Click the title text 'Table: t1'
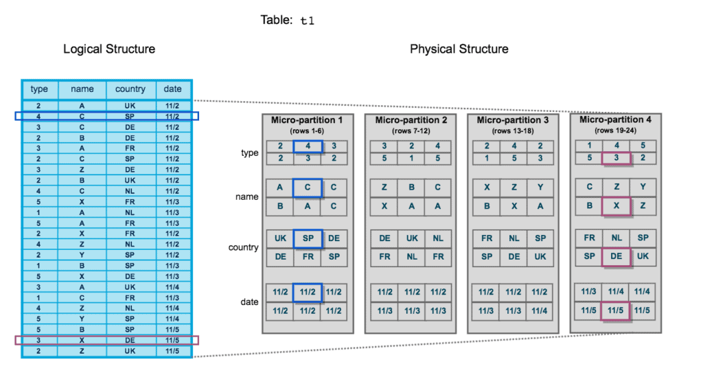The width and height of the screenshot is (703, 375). [288, 20]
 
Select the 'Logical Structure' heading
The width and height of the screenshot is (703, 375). [109, 49]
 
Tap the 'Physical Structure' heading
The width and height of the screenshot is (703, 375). [459, 49]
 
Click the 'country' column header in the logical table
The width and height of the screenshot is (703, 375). [130, 89]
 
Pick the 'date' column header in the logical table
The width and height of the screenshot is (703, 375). [173, 89]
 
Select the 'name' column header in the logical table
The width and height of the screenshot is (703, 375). [82, 89]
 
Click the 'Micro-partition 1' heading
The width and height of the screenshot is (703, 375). [307, 120]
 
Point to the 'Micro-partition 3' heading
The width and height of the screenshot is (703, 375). [513, 120]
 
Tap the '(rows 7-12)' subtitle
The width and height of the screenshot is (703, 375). [410, 130]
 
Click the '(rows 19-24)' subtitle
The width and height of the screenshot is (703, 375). [615, 130]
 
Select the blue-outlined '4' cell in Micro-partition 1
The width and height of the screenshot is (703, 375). [307, 146]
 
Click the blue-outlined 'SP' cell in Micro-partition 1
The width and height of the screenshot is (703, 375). [307, 238]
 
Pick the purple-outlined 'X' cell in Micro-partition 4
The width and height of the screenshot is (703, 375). [615, 205]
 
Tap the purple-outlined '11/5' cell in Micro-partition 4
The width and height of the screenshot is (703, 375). [615, 310]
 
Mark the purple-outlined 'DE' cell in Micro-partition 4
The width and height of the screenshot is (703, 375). [615, 255]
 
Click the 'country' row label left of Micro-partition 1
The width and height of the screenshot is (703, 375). [243, 247]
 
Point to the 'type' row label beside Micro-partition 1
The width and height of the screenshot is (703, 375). [249, 153]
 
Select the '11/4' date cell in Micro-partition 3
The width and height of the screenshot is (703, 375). [540, 311]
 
